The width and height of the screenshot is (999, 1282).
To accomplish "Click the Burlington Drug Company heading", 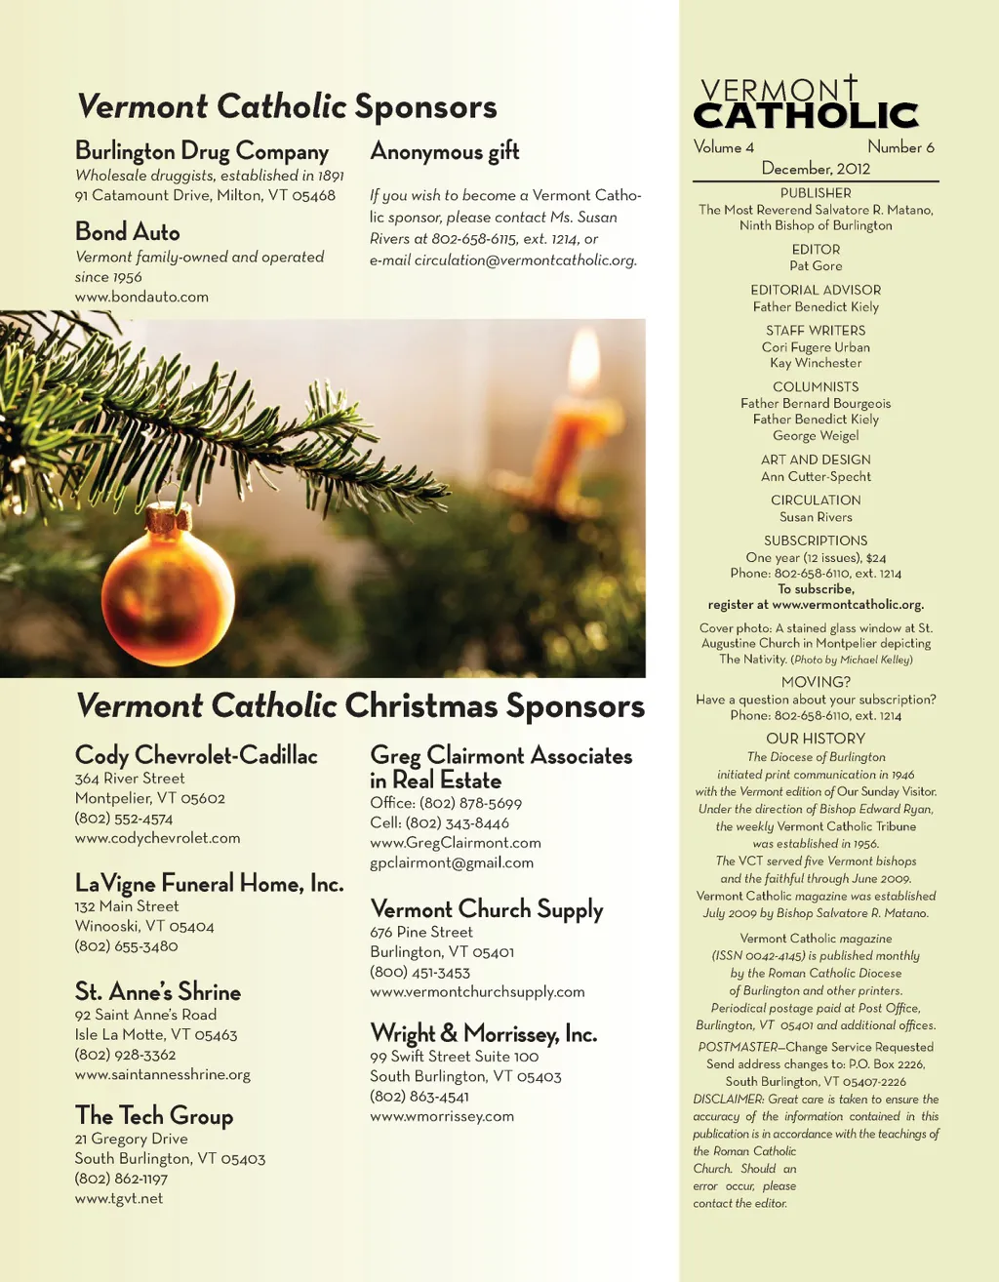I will click(x=202, y=151).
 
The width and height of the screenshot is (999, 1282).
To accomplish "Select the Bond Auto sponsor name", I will click(x=128, y=232).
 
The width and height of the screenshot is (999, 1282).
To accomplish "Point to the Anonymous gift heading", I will click(x=445, y=151).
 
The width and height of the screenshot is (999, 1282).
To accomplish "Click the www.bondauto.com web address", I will click(x=141, y=297).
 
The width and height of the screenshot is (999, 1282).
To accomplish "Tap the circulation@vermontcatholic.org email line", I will click(x=503, y=260).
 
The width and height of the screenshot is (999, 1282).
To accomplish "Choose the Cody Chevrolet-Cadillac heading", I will click(x=196, y=755).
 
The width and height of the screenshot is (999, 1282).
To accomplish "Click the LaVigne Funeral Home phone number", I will click(x=127, y=946).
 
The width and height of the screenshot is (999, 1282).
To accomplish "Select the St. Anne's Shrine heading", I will click(x=158, y=992).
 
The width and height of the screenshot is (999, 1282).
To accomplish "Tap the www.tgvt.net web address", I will click(x=119, y=1199).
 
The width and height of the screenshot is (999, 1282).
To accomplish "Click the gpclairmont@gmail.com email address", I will click(x=452, y=862).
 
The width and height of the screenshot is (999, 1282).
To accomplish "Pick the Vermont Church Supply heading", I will click(x=487, y=909).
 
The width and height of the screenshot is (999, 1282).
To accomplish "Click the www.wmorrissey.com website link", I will click(x=442, y=1116).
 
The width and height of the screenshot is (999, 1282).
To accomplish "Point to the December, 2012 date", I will click(x=816, y=169).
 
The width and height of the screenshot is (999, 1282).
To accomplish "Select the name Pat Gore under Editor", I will click(x=816, y=265).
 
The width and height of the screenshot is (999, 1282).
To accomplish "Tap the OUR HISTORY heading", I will click(x=816, y=739).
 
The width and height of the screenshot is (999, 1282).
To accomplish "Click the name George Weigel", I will click(x=816, y=436).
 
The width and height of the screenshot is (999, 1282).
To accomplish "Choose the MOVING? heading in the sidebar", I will click(x=816, y=682).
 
